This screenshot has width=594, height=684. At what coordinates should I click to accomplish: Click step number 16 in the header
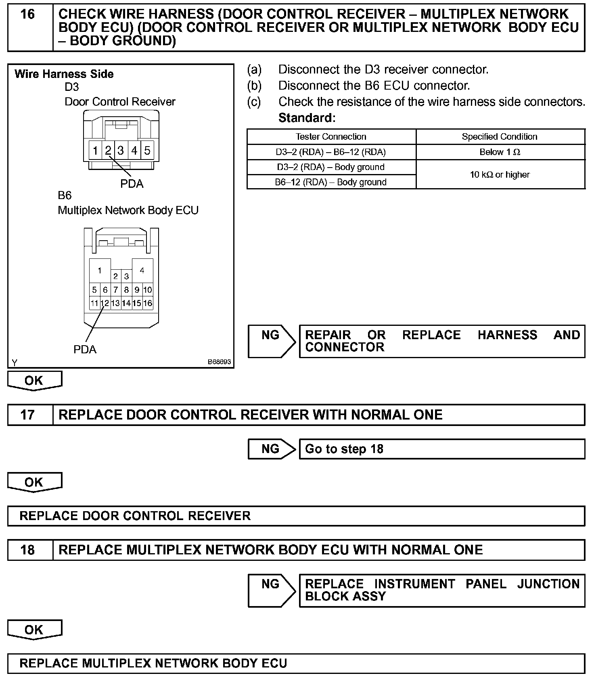tap(27, 15)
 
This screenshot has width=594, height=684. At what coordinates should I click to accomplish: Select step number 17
tap(27, 415)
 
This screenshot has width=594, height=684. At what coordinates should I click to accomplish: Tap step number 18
tap(27, 550)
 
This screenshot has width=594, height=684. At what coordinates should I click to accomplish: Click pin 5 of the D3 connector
tap(147, 151)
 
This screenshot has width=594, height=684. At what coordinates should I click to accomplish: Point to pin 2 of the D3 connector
tap(108, 151)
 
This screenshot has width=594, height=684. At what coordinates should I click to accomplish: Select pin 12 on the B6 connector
tap(105, 303)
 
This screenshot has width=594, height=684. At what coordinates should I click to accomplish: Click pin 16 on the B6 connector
tap(148, 303)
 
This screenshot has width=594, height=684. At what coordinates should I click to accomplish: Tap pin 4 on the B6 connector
tap(142, 270)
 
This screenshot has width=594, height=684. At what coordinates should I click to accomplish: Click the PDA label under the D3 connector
tap(132, 184)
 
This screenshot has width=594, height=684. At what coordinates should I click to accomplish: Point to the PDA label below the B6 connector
tap(85, 349)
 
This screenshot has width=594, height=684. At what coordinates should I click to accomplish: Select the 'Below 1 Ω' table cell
tap(500, 152)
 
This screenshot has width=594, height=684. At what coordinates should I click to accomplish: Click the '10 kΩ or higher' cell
tap(500, 174)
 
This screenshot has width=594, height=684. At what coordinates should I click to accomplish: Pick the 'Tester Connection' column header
tap(331, 136)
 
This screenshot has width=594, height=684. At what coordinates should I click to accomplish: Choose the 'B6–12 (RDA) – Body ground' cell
tap(331, 182)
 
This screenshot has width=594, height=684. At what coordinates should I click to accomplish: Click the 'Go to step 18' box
tap(442, 449)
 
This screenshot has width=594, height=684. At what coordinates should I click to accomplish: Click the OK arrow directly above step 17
tap(34, 380)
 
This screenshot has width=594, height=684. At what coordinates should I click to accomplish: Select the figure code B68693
tap(219, 362)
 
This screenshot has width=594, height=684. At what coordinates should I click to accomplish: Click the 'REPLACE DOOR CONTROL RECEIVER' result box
tap(296, 516)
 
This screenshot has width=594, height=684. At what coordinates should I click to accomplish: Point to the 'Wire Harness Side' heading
tap(64, 74)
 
